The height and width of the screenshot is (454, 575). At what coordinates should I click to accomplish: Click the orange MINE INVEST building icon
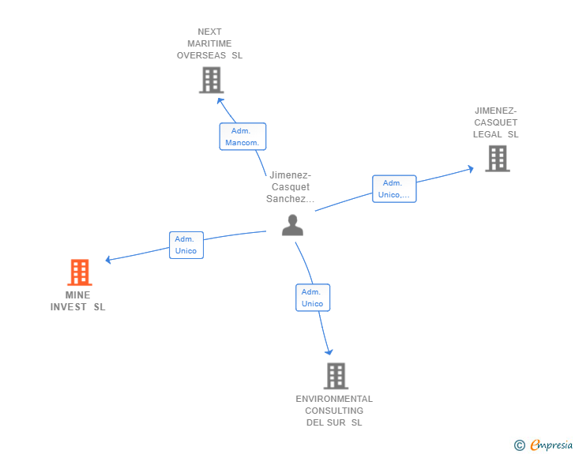coord(80,272)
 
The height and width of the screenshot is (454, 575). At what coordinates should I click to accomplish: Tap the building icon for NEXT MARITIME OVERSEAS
coord(212,80)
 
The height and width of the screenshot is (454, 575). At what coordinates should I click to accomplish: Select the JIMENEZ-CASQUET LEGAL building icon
coord(498,159)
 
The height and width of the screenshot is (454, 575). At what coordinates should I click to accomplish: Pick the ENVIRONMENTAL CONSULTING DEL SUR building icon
coord(336,376)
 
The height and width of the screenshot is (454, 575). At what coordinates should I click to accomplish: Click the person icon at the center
coord(292,225)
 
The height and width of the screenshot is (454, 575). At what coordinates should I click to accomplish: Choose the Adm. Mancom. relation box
coord(242,137)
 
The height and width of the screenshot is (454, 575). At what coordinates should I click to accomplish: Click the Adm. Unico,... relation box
coord(394,189)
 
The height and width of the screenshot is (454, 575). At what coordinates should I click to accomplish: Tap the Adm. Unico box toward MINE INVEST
coord(186,245)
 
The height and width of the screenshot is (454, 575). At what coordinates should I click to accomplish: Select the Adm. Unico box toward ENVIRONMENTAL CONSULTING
coord(313,298)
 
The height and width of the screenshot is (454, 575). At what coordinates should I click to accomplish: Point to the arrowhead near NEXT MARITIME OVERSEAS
coord(220,101)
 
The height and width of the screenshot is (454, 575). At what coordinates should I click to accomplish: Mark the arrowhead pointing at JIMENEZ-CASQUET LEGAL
coord(471,169)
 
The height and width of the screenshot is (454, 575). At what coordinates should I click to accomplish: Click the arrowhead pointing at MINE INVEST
coord(108,260)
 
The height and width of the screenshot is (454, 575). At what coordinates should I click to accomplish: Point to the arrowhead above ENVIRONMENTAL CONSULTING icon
coord(329,352)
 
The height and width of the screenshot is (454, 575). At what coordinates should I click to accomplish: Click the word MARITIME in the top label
coord(209,43)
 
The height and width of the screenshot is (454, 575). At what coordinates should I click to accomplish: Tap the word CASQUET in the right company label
coord(496,122)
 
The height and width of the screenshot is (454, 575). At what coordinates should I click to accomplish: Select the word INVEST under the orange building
coord(69,307)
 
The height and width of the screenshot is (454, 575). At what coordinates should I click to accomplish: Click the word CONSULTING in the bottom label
coord(334,411)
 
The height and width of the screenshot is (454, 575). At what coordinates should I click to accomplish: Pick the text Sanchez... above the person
coord(291,199)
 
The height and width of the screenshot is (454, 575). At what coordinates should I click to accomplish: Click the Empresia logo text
coord(551,445)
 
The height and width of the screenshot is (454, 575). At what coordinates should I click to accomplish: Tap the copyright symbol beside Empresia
coord(520,445)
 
